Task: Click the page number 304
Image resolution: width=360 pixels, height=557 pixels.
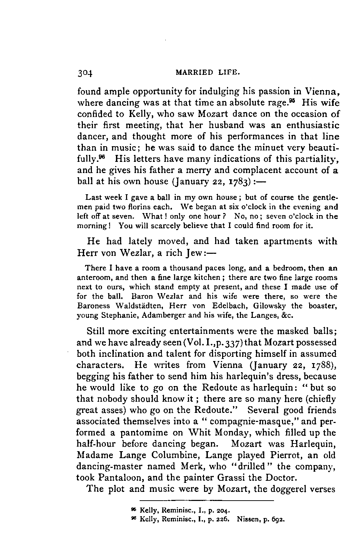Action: (85, 73)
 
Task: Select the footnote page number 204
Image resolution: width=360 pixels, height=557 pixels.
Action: (223, 511)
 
